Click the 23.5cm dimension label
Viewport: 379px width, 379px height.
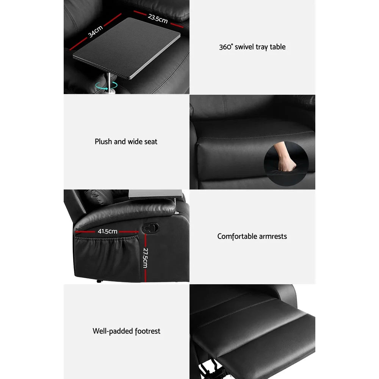(x=158, y=18)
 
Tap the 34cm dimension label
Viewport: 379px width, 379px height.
(x=95, y=31)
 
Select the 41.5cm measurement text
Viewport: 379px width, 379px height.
(x=107, y=231)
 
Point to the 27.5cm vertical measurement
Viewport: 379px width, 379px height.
(x=145, y=258)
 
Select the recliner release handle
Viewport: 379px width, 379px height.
(x=151, y=227)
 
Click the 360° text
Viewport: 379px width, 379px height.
(x=226, y=47)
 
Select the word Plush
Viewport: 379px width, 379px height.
(x=103, y=142)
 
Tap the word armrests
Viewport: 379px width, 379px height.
(x=273, y=236)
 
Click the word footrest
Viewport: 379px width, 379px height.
(x=148, y=331)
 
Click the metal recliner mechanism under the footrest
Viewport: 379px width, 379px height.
(x=207, y=373)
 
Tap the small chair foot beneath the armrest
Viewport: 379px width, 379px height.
(x=99, y=282)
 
